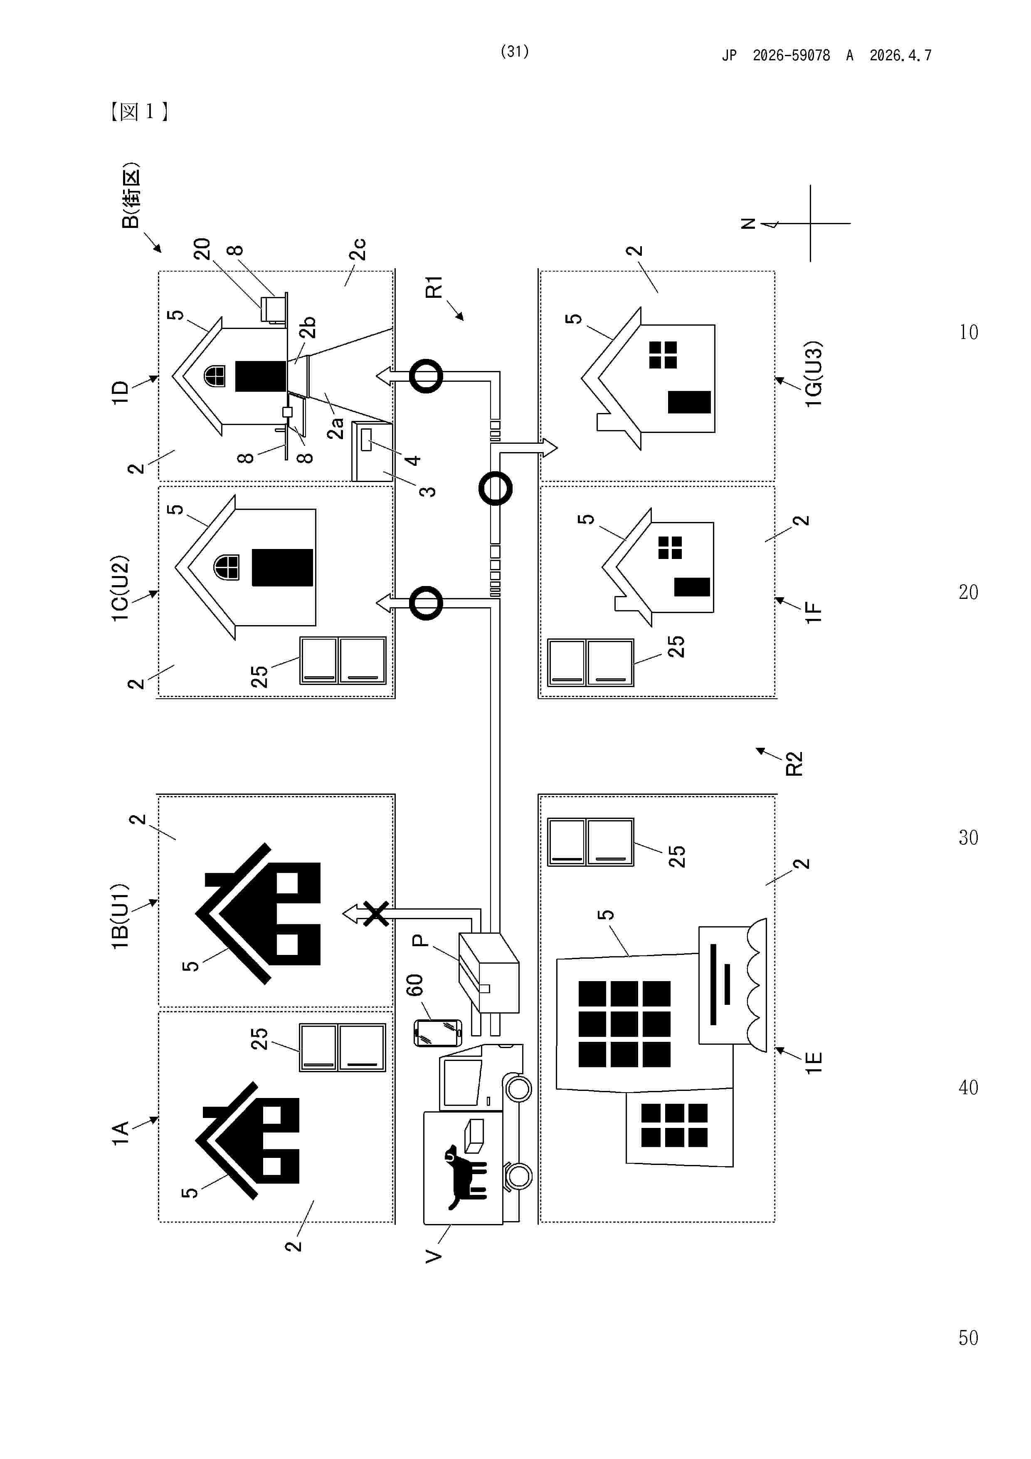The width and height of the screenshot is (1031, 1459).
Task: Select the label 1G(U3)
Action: [x=813, y=374]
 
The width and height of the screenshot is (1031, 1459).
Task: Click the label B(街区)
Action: [x=130, y=196]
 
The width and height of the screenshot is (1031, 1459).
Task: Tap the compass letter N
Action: [x=748, y=224]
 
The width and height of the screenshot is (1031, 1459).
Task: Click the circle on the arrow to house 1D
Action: [x=426, y=376]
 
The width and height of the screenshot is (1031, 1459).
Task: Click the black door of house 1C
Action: [x=282, y=567]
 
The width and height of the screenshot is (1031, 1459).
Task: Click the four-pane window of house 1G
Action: [x=663, y=355]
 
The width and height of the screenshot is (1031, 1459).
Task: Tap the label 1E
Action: [x=814, y=1063]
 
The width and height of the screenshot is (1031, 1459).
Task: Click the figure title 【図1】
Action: [x=138, y=112]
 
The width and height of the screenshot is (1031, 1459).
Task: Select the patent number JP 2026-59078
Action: [x=791, y=56]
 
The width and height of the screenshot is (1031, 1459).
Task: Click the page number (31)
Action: [x=515, y=52]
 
